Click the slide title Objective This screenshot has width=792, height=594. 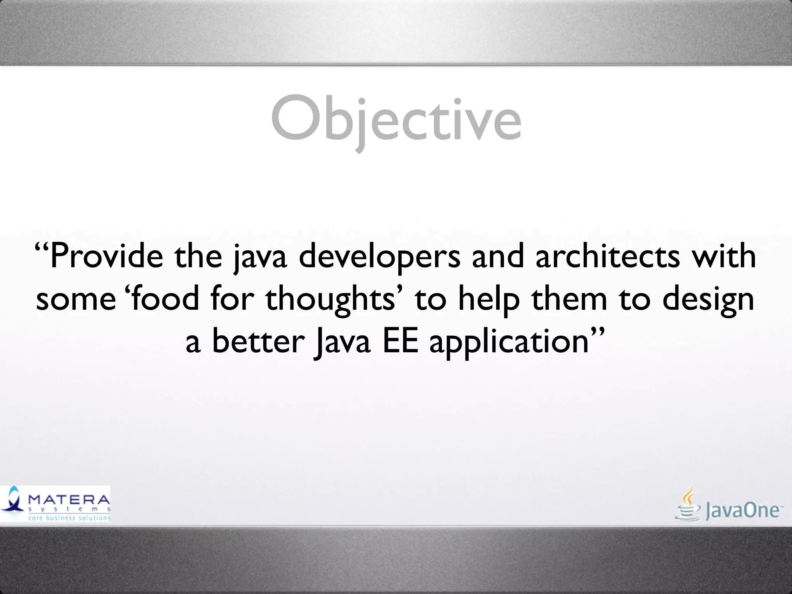(x=396, y=119)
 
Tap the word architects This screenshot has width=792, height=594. (x=608, y=256)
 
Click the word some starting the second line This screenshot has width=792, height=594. (x=76, y=300)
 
